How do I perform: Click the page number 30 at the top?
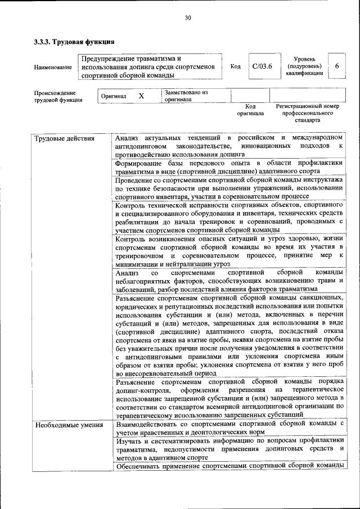tap(188, 18)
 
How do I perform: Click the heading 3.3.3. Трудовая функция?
tap(74, 42)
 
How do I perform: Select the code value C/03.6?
tap(262, 66)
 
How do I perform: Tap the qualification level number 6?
tap(337, 66)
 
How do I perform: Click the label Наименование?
tap(53, 67)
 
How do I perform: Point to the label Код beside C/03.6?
tap(236, 66)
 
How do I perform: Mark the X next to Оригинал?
tap(142, 96)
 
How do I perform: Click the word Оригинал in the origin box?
tap(114, 96)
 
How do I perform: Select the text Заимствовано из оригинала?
tap(186, 96)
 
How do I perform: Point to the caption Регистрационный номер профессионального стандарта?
tap(307, 113)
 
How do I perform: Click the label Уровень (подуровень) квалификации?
tap(304, 66)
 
